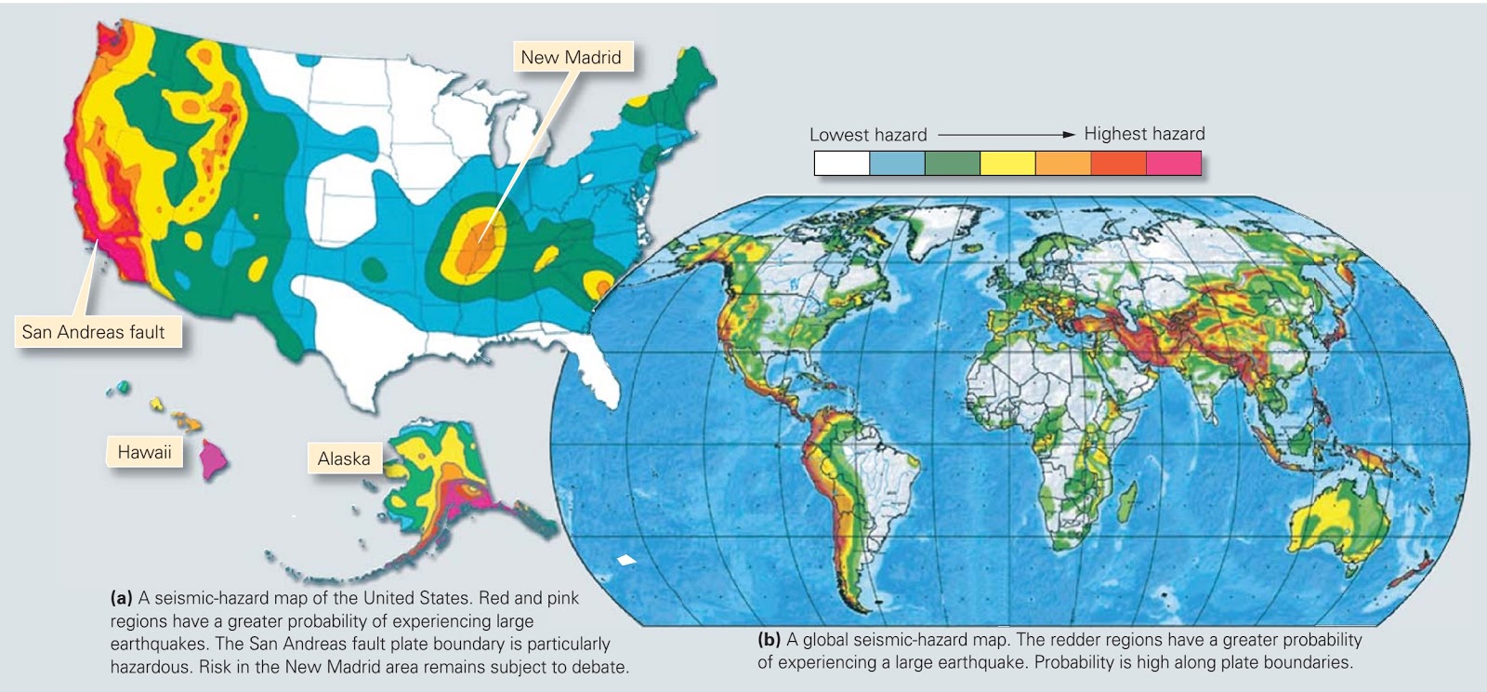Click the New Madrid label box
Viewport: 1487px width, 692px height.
[x=571, y=58]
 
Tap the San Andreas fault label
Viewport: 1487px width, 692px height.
[x=94, y=332]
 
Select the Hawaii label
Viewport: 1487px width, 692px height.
[x=144, y=453]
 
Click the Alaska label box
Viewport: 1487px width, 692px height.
[x=344, y=459]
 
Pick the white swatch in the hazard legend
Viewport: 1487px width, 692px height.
[x=841, y=164]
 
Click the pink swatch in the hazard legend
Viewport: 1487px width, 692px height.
[x=1173, y=164]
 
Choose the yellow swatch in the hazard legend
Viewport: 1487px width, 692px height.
[x=1007, y=164]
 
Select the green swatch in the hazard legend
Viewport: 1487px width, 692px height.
[x=952, y=164]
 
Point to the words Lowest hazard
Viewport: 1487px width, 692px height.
[x=867, y=135]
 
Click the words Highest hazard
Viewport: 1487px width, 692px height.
[x=1144, y=134]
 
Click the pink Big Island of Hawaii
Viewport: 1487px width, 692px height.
[x=214, y=458]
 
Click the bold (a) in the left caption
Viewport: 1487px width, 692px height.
[x=121, y=598]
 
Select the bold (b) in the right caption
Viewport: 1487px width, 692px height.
[x=769, y=640]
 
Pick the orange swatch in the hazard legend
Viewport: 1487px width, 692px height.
[x=1062, y=164]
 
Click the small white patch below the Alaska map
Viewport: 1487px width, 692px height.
[x=627, y=560]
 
